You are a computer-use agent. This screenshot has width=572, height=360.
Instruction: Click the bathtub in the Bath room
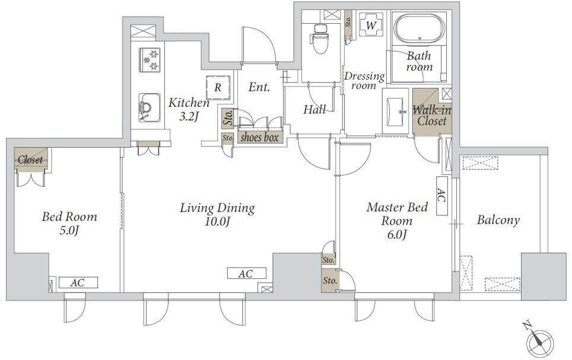[420, 29]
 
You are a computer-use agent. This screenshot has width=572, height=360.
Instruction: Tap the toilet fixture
[320, 38]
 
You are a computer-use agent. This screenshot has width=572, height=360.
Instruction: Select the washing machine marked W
[371, 25]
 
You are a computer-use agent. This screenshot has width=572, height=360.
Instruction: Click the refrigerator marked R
[218, 87]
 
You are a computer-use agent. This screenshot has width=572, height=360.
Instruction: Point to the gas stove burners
[150, 60]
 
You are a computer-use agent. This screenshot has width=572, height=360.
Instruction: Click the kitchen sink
[149, 107]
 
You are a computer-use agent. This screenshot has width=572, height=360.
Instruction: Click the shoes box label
[259, 137]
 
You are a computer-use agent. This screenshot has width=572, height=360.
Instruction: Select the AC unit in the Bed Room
[78, 282]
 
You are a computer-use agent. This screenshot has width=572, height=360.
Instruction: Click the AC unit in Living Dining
[247, 273]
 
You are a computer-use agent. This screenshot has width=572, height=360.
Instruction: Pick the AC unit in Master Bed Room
[442, 196]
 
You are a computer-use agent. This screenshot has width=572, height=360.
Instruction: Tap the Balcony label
[498, 220]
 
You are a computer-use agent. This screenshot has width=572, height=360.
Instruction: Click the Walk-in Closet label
[432, 115]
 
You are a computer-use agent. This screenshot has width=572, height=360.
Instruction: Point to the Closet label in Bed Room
[30, 160]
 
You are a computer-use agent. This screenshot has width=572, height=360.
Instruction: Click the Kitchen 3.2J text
[189, 109]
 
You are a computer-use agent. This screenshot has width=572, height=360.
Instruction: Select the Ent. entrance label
[259, 87]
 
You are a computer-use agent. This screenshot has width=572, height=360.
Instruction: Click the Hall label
[314, 109]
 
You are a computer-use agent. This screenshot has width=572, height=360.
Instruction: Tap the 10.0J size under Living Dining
[217, 221]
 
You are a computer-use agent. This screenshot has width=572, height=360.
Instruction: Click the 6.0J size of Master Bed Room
[397, 234]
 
